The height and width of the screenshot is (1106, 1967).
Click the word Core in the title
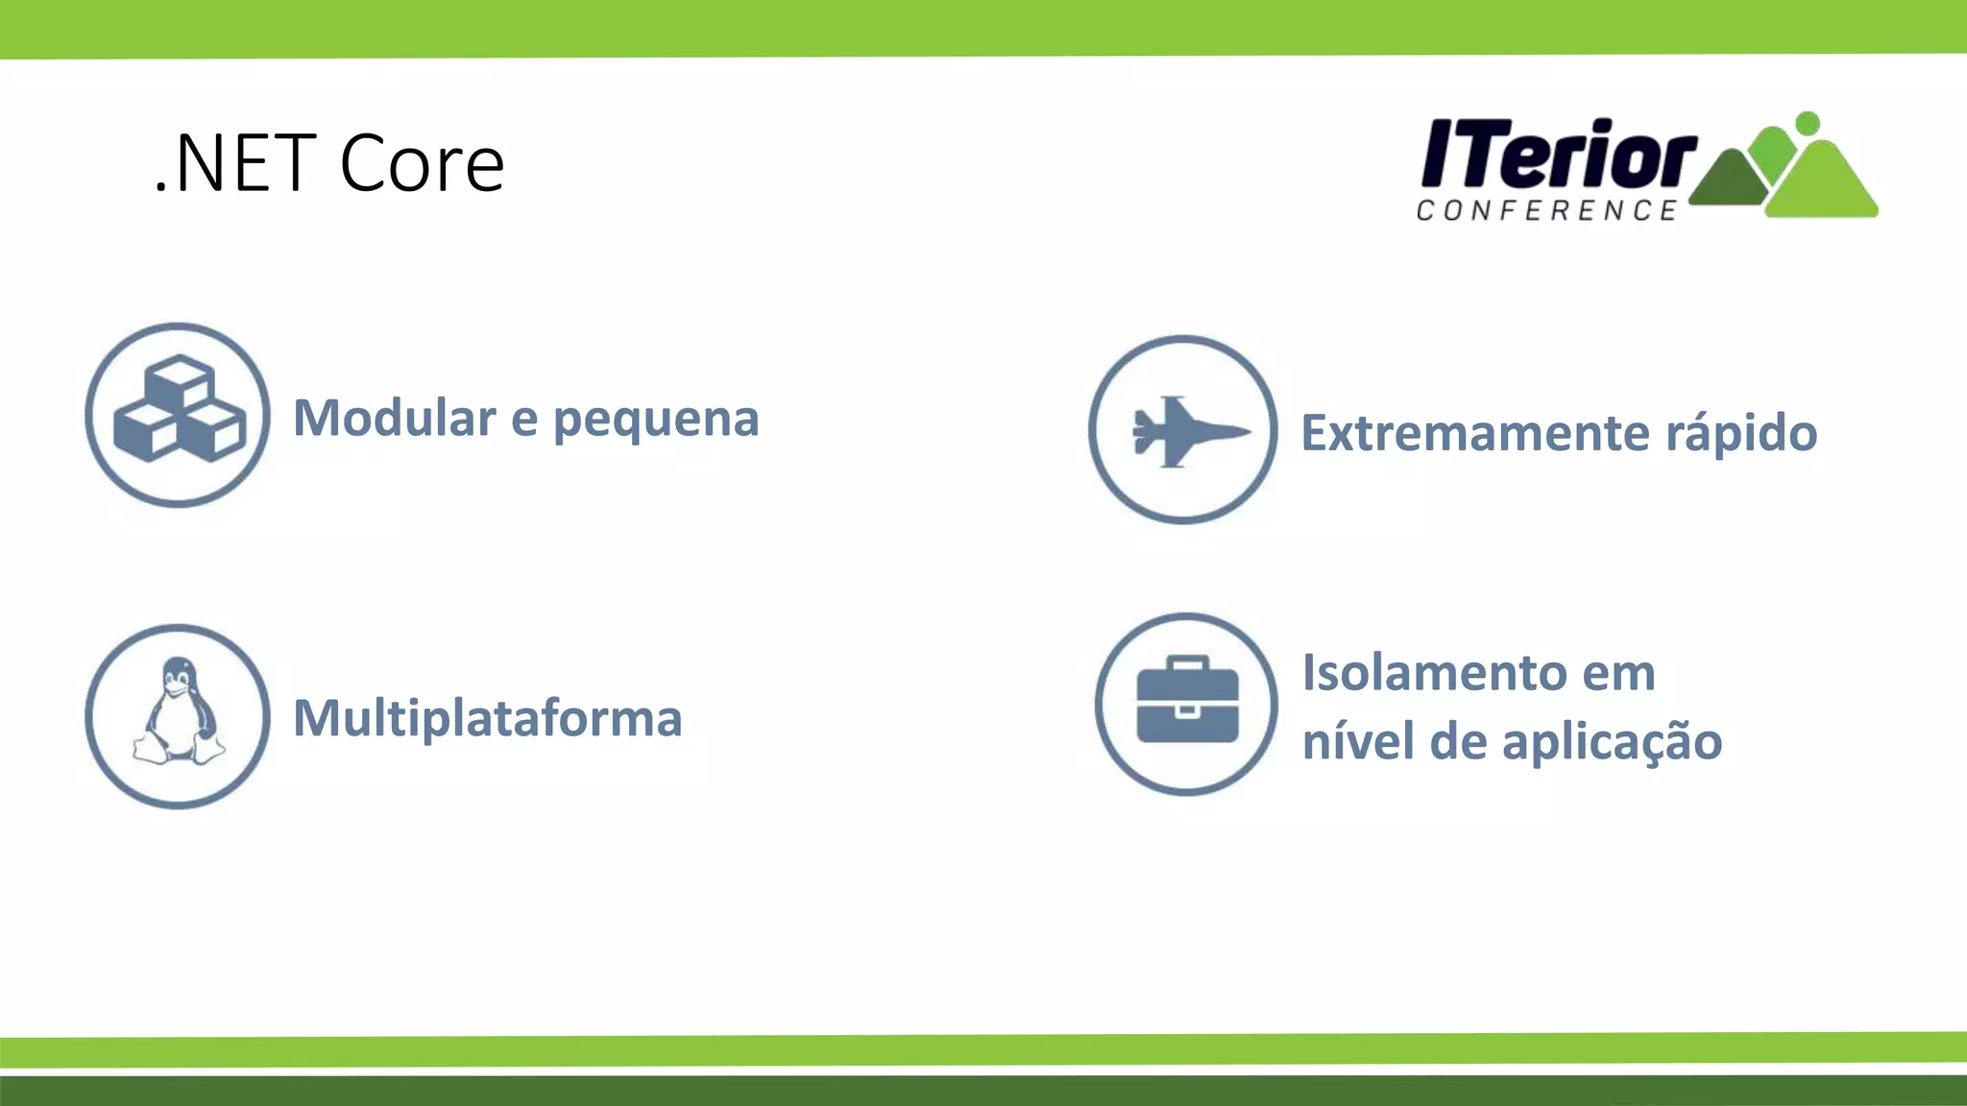(x=422, y=163)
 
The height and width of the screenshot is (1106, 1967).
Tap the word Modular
(x=394, y=418)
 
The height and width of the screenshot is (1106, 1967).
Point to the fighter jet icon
(x=1187, y=431)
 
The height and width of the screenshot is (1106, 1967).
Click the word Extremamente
(x=1474, y=433)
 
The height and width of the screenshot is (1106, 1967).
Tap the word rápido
(x=1740, y=433)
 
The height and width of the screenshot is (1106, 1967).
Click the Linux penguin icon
(x=178, y=713)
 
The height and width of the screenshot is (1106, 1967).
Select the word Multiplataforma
(x=487, y=718)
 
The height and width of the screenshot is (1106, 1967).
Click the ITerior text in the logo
(x=1556, y=154)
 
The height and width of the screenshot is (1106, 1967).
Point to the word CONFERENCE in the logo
(x=1546, y=210)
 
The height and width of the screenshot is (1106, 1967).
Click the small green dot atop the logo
(x=1807, y=123)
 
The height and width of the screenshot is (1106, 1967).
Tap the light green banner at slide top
(x=983, y=27)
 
